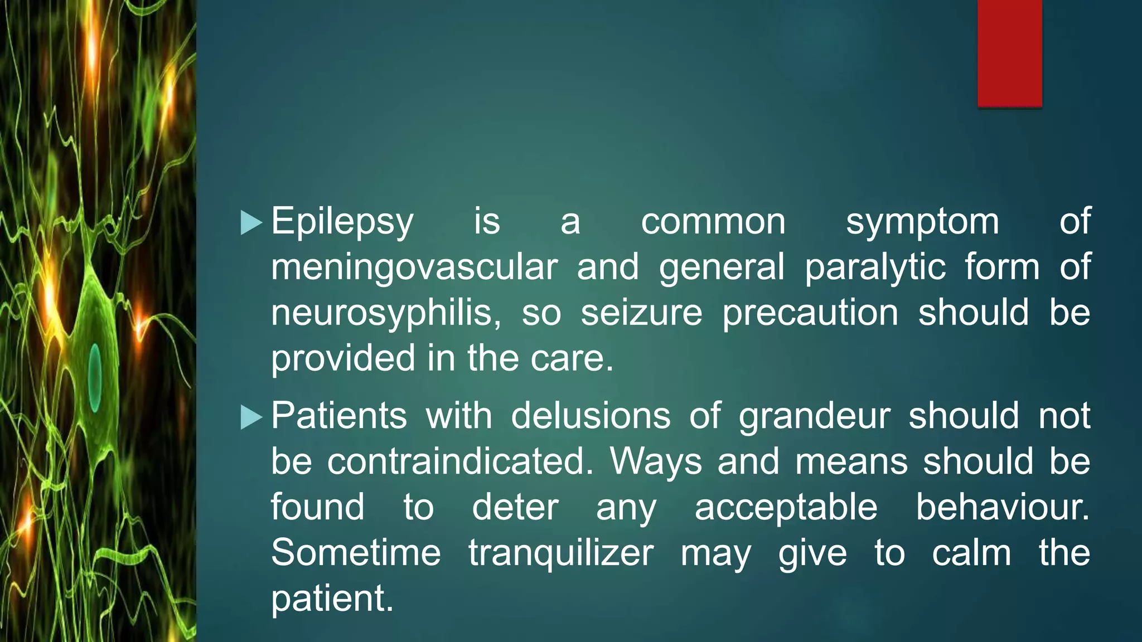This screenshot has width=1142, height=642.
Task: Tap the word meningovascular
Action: click(x=414, y=267)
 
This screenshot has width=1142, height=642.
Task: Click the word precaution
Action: click(x=810, y=313)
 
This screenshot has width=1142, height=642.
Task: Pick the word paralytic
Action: click(x=875, y=267)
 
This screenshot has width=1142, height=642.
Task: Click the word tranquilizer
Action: click(x=561, y=554)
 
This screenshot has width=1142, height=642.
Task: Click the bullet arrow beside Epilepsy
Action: click(x=251, y=223)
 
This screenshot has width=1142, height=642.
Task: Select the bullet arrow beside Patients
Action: click(x=251, y=417)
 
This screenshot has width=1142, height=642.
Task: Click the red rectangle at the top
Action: click(x=1009, y=53)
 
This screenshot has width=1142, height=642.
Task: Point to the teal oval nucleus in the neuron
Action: click(x=95, y=377)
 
